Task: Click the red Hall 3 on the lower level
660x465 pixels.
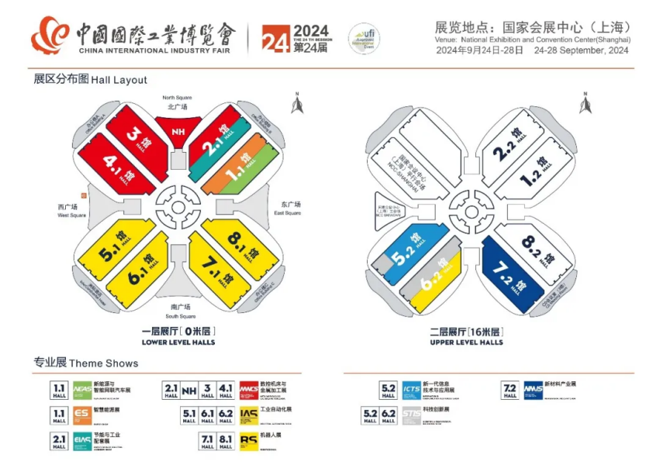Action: [x=136, y=135]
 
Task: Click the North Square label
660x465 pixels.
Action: [x=177, y=102]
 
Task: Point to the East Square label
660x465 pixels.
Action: [x=287, y=208]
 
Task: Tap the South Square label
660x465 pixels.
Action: [x=181, y=312]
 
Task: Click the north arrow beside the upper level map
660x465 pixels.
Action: [x=586, y=102]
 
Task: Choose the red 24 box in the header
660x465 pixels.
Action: [x=275, y=38]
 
